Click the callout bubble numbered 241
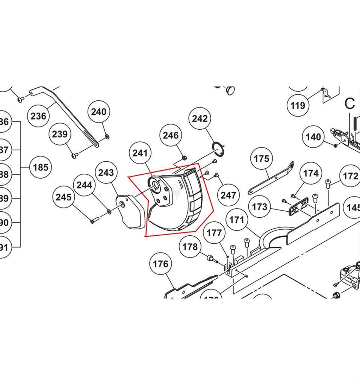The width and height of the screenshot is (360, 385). (x=140, y=153)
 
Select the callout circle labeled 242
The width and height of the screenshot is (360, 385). (x=200, y=118)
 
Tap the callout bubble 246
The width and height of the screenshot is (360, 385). (x=171, y=135)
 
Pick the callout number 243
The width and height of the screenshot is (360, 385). (x=106, y=173)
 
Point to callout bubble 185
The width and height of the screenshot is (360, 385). (x=41, y=167)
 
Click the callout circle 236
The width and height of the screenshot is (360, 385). (x=38, y=116)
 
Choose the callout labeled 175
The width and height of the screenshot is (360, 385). (x=261, y=159)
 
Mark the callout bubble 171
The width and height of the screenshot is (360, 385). (x=237, y=220)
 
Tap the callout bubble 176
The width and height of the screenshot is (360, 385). (x=160, y=264)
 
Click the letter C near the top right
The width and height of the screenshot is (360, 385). (x=349, y=103)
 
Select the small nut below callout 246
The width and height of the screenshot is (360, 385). (x=184, y=157)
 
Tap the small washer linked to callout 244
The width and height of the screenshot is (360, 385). (x=109, y=212)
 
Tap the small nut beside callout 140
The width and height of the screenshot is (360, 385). (x=335, y=145)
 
